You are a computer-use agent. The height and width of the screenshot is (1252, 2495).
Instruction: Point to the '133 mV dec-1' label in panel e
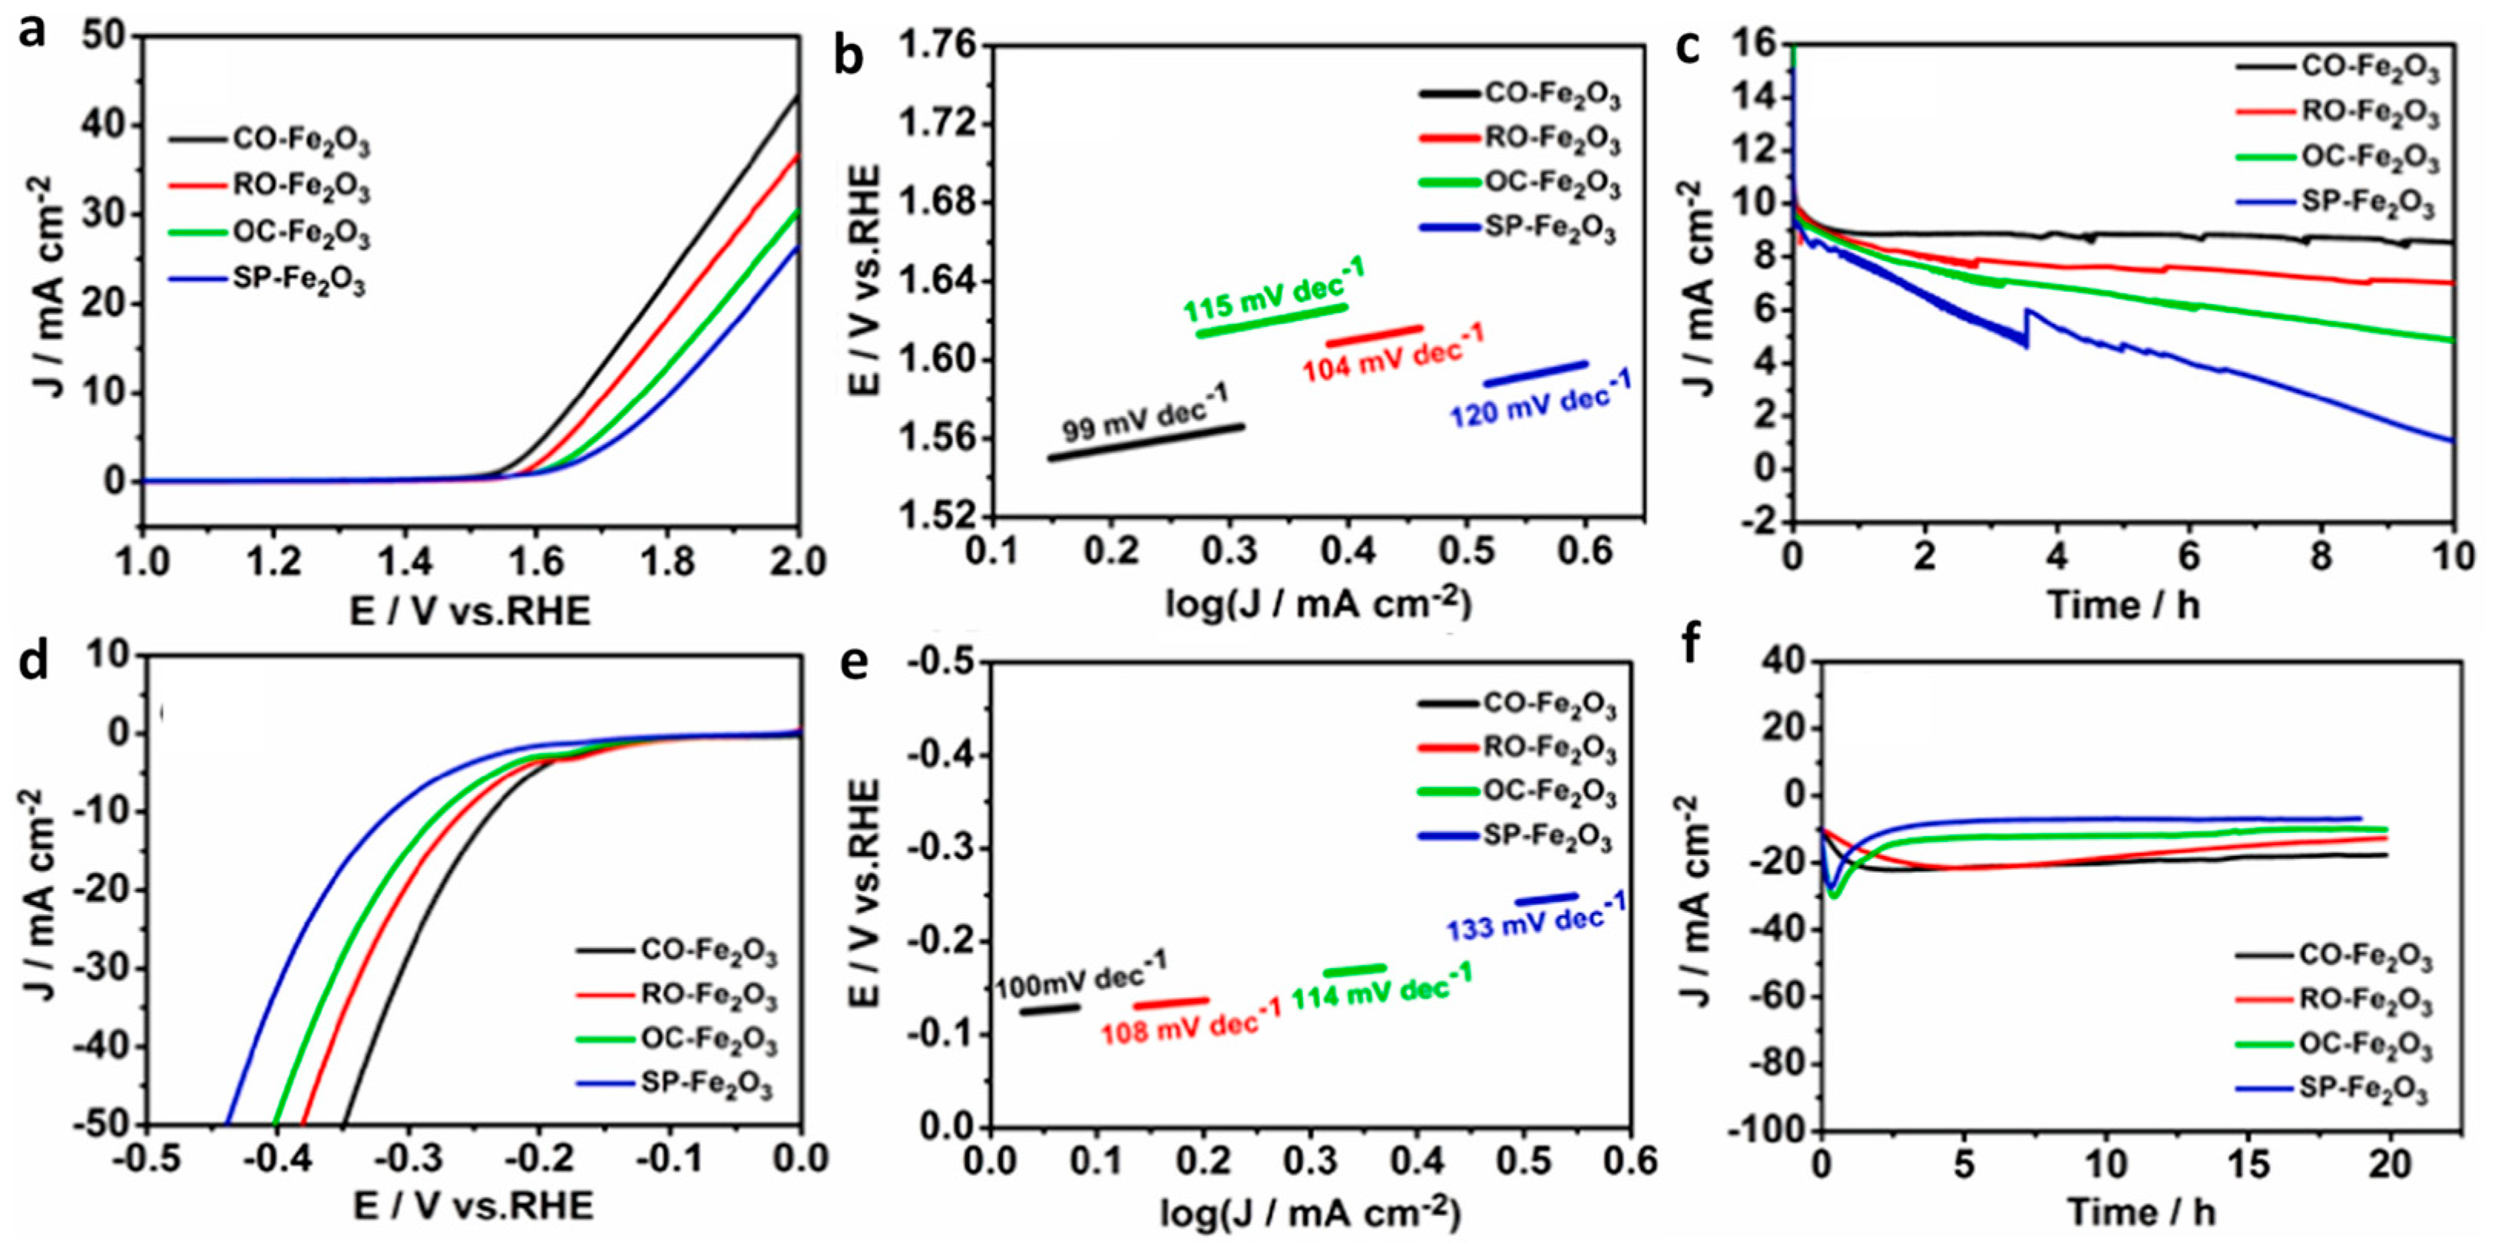pyautogui.click(x=1536, y=916)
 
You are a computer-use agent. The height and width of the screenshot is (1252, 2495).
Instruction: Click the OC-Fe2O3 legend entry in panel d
pyautogui.click(x=708, y=1039)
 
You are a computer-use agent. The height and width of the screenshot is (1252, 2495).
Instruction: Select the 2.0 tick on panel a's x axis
pyautogui.click(x=797, y=562)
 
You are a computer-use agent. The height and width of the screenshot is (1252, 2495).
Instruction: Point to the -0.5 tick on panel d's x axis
pyautogui.click(x=145, y=1158)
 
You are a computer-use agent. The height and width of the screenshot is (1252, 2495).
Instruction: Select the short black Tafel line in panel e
pyautogui.click(x=1049, y=1009)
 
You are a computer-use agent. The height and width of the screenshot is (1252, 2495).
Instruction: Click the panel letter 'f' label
pyautogui.click(x=1691, y=644)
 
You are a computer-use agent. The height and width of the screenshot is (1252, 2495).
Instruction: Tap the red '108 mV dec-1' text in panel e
pyautogui.click(x=1190, y=1022)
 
